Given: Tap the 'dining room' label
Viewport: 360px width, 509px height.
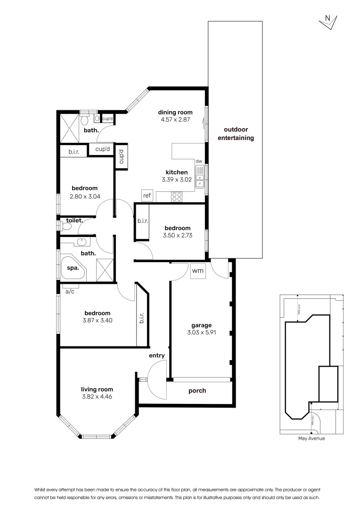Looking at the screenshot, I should click(x=175, y=112).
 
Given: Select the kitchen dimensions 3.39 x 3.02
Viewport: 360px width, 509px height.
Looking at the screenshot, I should click(x=177, y=180).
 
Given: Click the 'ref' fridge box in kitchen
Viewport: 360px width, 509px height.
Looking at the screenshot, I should click(x=147, y=195).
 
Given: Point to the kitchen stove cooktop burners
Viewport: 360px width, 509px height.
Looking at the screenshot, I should click(x=177, y=197).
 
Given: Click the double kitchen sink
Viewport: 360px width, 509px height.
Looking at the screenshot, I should click(x=200, y=177).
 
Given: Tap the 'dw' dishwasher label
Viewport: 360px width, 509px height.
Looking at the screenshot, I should click(x=199, y=161).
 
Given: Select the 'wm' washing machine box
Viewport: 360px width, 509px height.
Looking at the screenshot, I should click(x=197, y=271).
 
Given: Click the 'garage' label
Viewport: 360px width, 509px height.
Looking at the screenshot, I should click(x=201, y=325).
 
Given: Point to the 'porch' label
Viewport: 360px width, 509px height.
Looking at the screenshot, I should click(x=197, y=391).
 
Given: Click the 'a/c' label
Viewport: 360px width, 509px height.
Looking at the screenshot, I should click(x=70, y=292).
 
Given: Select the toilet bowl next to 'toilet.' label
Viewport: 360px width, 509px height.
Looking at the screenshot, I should click(x=66, y=226).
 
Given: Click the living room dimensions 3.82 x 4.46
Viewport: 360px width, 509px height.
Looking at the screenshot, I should click(x=97, y=396).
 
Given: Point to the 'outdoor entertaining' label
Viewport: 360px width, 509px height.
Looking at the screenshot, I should click(x=236, y=134).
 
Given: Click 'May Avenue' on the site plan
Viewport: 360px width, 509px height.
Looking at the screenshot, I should click(x=311, y=438).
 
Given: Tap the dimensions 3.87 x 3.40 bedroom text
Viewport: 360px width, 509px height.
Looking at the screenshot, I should click(x=98, y=320).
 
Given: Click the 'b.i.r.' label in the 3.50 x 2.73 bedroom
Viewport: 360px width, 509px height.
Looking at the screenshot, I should click(x=142, y=220).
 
